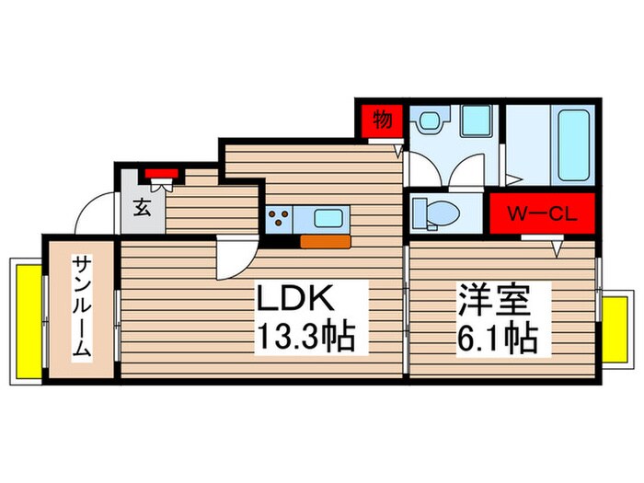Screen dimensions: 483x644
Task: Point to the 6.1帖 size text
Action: coord(498,338)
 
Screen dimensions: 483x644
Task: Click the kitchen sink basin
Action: coord(328,219)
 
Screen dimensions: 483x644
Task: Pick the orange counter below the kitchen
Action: coord(325,242)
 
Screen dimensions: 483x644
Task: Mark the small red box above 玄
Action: coord(162,172)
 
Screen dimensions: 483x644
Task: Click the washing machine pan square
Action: coord(476,121)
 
